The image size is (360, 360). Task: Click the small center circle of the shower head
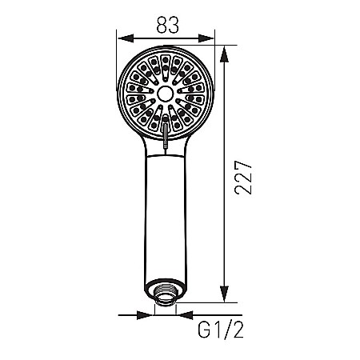[x=166, y=94]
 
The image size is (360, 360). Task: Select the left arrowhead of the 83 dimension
[x=122, y=38]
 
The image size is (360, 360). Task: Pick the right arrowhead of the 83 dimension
[x=210, y=38]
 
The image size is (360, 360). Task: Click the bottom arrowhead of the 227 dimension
[x=226, y=298]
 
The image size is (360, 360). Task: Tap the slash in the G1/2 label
[x=222, y=328]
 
